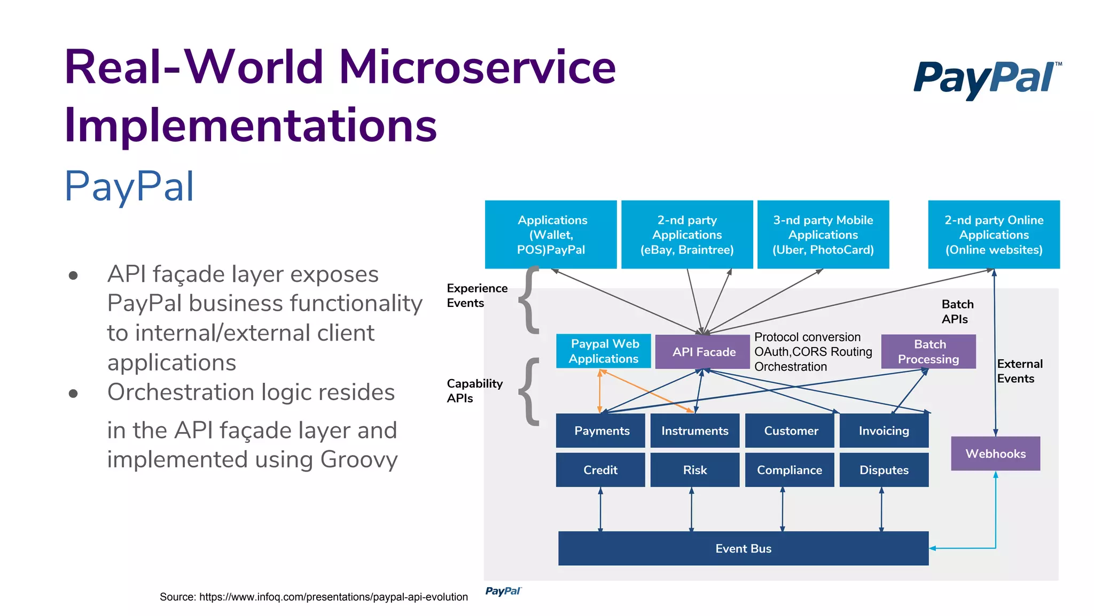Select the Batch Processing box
tap(928, 352)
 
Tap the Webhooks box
tap(995, 453)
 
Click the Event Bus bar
tap(743, 548)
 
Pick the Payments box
tap(600, 430)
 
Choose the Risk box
tap(694, 470)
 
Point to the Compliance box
tap(789, 470)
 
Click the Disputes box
tap(884, 470)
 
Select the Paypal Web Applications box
tap(604, 351)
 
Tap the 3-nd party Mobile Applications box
tap(823, 235)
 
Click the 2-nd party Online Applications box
tap(994, 235)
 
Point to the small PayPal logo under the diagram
tap(503, 591)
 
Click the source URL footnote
tap(314, 597)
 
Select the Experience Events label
tap(476, 296)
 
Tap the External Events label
tap(1019, 371)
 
